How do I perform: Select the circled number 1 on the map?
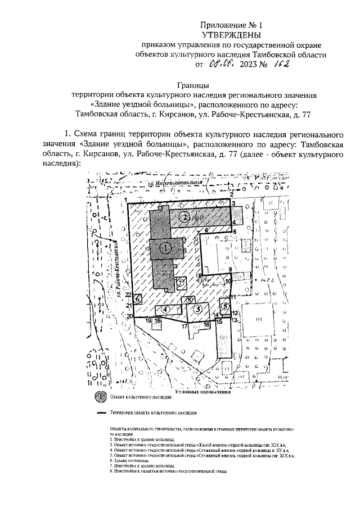pyautogui.click(x=165, y=246)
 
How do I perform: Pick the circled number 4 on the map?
pyautogui.click(x=166, y=309)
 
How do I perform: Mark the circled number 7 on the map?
pyautogui.click(x=181, y=283)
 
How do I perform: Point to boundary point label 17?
pyautogui.click(x=184, y=325)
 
